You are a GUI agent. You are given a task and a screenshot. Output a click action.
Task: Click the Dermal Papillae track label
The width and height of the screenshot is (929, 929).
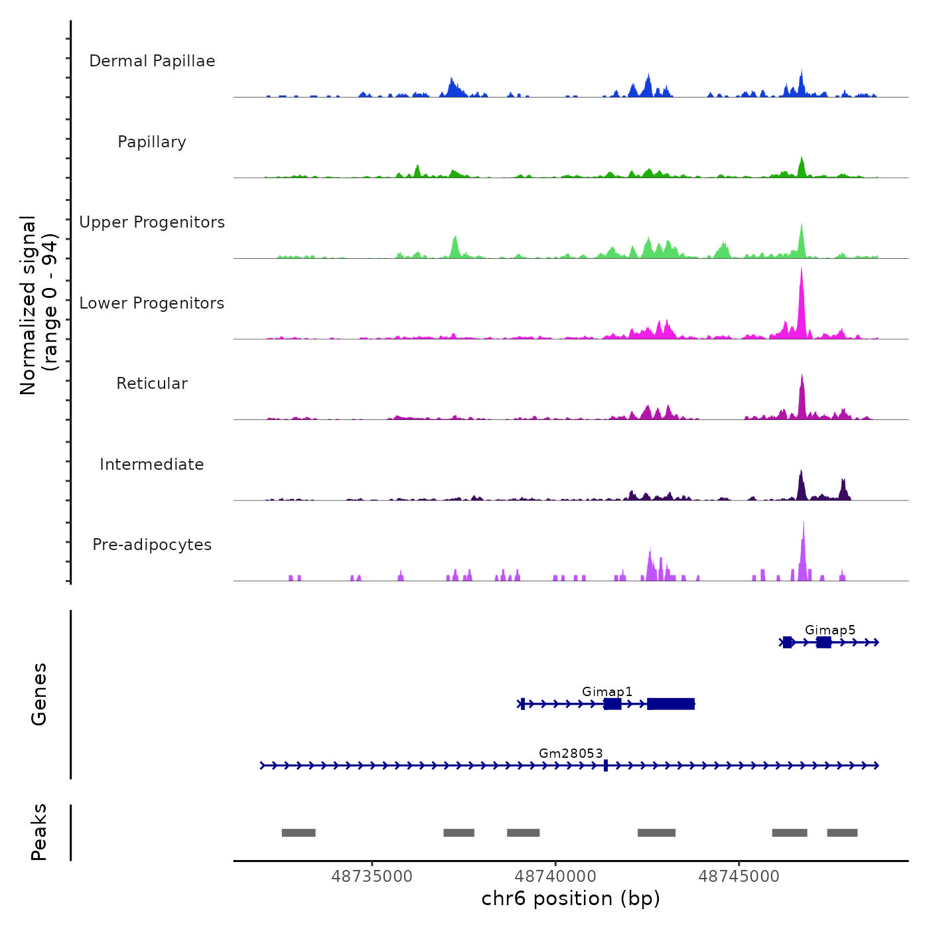152,61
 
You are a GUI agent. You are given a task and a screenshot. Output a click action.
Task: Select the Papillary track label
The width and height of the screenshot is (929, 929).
152,142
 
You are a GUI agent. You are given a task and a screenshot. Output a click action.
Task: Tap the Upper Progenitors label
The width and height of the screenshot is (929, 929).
152,222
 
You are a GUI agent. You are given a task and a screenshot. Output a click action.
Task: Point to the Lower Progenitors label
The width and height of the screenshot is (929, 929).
152,303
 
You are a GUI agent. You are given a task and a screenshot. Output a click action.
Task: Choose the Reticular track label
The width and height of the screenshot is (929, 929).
152,384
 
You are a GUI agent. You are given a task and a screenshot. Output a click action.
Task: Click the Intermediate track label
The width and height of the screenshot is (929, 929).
152,464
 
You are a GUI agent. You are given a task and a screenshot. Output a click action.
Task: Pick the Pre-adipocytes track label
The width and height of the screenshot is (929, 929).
152,545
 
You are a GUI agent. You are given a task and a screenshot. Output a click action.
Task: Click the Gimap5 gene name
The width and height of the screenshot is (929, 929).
830,630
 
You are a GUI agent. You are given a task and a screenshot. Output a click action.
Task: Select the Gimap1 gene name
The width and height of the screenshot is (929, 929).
607,692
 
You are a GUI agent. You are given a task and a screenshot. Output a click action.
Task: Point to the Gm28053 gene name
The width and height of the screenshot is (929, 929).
571,754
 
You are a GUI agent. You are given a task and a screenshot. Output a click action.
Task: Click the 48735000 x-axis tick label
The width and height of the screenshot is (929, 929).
372,877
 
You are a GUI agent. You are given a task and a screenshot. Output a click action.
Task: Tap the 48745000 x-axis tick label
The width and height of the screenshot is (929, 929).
739,877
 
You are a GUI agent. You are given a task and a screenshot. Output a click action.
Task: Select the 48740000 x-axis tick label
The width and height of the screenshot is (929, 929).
555,877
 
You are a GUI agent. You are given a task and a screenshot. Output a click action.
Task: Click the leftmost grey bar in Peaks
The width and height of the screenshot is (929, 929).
299,833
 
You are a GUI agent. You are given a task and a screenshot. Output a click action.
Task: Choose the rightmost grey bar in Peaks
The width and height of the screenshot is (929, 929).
842,833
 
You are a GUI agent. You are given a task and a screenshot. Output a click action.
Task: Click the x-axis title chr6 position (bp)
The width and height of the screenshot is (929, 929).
571,899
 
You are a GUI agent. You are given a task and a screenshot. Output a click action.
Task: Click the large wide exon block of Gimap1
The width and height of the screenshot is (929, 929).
671,704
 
